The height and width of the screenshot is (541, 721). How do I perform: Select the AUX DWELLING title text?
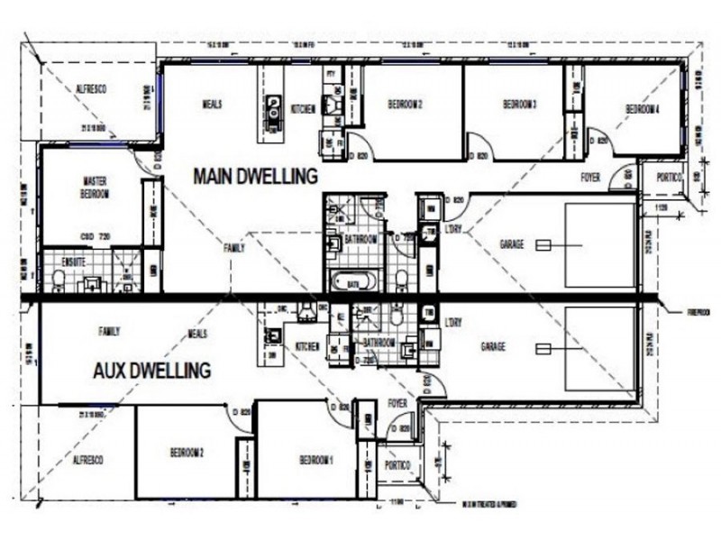(x=152, y=370)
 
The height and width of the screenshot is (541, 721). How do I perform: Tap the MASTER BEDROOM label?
(x=95, y=188)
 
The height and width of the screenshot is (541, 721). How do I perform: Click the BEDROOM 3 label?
(x=519, y=105)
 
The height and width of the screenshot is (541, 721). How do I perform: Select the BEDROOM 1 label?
(x=316, y=460)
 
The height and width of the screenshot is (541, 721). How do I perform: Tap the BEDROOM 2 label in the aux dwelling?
(x=187, y=453)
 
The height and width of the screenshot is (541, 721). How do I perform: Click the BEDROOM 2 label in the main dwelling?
(x=406, y=105)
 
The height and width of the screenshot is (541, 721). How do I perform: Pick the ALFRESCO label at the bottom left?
(x=88, y=459)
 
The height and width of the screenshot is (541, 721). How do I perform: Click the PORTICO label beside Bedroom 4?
(x=668, y=177)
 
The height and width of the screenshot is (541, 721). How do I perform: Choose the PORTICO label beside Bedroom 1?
(x=397, y=465)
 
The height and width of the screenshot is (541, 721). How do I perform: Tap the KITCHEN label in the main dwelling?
(x=303, y=109)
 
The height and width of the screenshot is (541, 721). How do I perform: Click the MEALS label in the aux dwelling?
(x=198, y=334)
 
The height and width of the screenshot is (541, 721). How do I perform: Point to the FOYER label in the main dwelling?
(x=590, y=177)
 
